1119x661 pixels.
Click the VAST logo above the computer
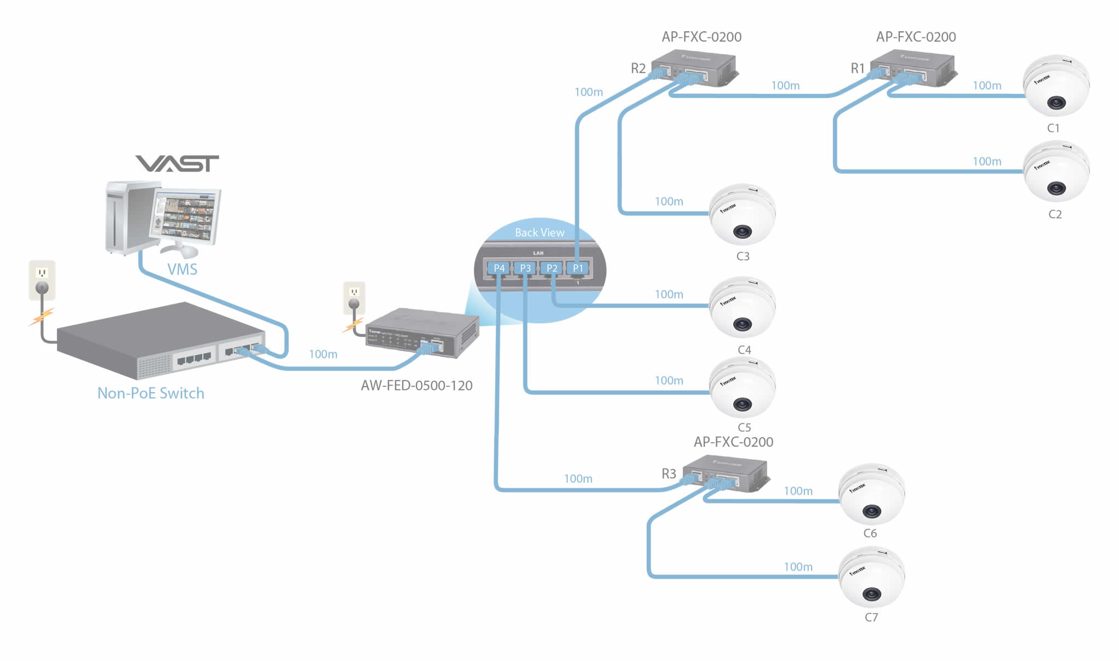tap(177, 163)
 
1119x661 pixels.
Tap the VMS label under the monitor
tap(182, 269)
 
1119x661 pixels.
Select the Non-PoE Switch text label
tap(151, 393)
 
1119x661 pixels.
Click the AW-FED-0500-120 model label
tap(416, 386)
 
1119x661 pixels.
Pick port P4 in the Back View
tap(499, 268)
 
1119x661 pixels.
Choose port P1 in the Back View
tap(578, 268)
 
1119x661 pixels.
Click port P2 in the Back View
tap(552, 268)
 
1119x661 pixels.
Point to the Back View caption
tap(539, 233)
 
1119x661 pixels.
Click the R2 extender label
tap(638, 69)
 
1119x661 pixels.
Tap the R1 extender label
tap(857, 69)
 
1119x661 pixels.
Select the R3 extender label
tap(669, 474)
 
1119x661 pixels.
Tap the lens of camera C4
tap(743, 324)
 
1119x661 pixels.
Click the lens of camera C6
tap(871, 512)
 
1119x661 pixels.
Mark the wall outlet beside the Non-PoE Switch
tap(42, 280)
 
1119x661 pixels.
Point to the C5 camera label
tap(744, 427)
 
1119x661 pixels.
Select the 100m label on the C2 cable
tap(986, 162)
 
